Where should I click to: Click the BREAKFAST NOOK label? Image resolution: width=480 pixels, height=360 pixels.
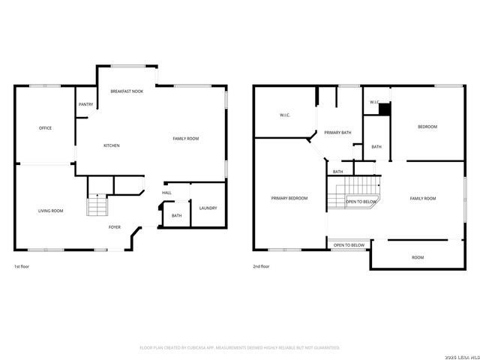coord(127,91)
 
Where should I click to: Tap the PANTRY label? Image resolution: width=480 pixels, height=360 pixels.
coord(85,104)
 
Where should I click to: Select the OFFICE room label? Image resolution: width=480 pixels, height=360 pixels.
coord(45,128)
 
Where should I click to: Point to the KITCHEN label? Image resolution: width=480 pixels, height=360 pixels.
coord(111,145)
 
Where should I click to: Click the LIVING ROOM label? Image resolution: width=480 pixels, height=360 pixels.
coord(50,211)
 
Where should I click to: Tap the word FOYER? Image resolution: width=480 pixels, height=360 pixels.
coord(115,226)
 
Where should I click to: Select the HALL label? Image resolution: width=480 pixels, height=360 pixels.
coord(166,193)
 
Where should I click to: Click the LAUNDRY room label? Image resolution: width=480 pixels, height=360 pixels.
coord(208,208)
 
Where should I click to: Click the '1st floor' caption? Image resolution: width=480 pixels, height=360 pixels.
coord(22,266)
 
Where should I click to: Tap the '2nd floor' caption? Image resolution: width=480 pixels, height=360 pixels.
coord(261,266)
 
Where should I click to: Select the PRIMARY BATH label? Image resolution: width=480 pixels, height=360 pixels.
coord(337,133)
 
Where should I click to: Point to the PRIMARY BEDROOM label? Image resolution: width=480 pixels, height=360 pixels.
coord(289,198)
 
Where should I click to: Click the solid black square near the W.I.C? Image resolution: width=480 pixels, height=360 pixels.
coord(384,109)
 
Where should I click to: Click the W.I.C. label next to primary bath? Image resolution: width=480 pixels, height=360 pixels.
coord(285,115)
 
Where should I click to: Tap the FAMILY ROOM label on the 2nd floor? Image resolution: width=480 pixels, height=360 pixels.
coord(422,198)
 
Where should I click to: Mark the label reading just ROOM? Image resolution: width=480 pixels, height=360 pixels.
coord(418,257)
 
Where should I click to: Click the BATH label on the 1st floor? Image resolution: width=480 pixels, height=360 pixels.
coord(176,216)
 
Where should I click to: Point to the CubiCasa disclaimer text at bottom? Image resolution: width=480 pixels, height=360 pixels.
coord(240,347)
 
